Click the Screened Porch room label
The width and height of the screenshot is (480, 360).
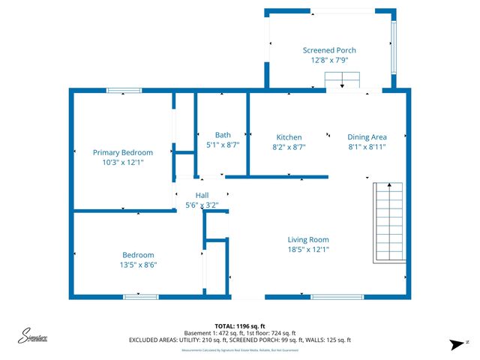coord(329,50)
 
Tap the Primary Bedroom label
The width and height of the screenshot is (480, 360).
coord(122,152)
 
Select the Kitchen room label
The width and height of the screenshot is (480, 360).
coord(289,137)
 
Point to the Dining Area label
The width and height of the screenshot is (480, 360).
coord(367,137)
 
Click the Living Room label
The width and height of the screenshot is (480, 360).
coord(308,240)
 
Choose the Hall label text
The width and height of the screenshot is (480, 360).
coord(202,195)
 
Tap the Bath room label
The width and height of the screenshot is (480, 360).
coord(223,135)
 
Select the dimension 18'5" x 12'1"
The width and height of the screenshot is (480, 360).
coord(308,250)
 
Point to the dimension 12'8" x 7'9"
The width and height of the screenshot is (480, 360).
coord(329,60)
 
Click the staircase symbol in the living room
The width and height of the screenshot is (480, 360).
coord(391,222)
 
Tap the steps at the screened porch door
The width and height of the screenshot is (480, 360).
coord(343,81)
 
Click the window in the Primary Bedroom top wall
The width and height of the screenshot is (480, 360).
coord(124,91)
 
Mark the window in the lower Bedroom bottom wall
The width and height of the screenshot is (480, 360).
coord(141,297)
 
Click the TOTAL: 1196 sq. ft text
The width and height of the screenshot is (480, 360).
coord(239,325)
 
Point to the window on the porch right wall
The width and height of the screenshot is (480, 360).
coord(393,47)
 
